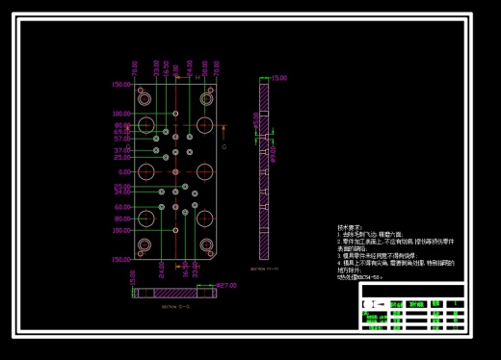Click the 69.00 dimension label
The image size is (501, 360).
click(121, 133)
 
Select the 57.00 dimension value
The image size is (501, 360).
click(121, 139)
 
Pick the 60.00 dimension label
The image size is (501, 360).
click(121, 207)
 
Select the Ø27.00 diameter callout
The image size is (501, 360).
click(225, 286)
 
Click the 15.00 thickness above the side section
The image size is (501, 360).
click(279, 78)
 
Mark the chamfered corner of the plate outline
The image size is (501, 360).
click(220, 253)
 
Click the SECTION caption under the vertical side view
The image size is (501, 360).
click(263, 270)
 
